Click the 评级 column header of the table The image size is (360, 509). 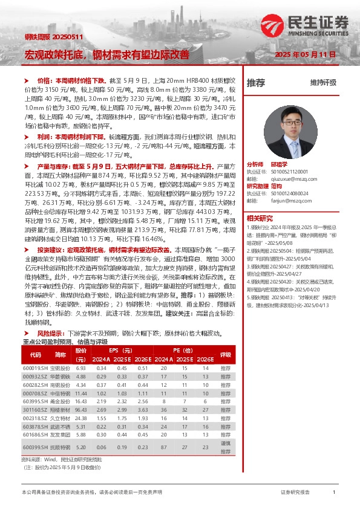click(226, 355)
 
